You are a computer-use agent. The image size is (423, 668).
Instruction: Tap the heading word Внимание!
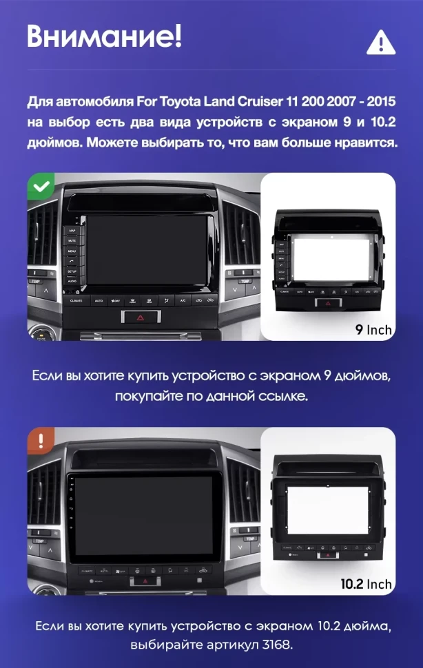tap(104, 36)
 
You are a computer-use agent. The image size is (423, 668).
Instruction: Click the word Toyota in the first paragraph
tap(181, 103)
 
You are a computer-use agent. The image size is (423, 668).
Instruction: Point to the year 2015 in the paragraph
tap(382, 103)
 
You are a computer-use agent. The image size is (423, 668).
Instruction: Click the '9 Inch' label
tap(373, 329)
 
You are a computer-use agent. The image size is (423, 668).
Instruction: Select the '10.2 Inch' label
tap(366, 584)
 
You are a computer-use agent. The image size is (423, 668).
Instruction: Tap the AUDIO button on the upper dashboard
tap(72, 281)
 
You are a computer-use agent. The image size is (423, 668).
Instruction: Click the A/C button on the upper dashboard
tap(183, 300)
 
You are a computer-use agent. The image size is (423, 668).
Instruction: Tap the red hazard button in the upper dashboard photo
tap(139, 318)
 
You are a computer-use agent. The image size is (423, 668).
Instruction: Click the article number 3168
tap(278, 645)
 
